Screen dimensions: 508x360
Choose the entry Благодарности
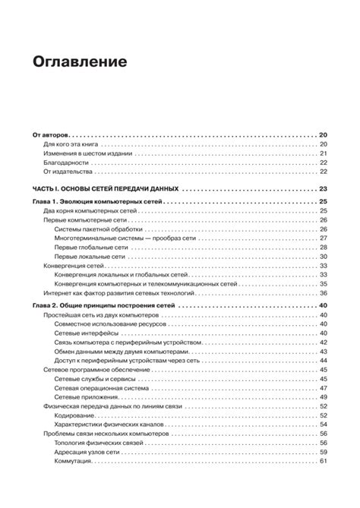pyautogui.click(x=65, y=162)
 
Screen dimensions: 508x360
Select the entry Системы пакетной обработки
pyautogui.click(x=98, y=229)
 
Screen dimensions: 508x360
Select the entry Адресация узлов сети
pyautogui.click(x=88, y=452)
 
